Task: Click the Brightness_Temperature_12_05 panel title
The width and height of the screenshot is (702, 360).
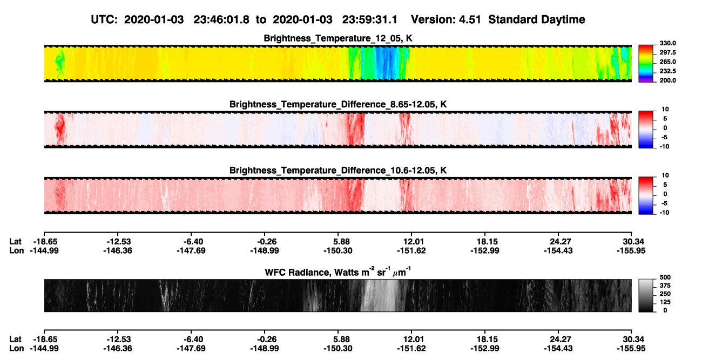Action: (337, 38)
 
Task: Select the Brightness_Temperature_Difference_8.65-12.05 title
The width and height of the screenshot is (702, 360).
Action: (337, 104)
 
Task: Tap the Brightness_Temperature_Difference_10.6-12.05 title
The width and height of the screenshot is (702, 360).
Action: (337, 171)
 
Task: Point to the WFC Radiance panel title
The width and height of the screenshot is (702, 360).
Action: (337, 271)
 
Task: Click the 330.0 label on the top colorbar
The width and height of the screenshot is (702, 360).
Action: (667, 43)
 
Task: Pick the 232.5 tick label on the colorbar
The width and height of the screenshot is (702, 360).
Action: (667, 71)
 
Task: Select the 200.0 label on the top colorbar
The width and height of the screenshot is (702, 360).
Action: (667, 80)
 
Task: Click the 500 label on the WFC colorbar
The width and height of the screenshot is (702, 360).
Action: (665, 277)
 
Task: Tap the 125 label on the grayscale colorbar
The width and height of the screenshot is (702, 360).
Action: (665, 302)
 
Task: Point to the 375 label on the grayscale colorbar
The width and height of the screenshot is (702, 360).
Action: (665, 286)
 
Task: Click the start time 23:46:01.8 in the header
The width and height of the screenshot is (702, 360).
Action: (221, 20)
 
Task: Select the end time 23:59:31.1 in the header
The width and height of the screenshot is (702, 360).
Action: (370, 20)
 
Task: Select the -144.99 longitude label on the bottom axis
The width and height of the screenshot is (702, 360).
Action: (44, 349)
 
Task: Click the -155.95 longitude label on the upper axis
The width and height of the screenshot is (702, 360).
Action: (631, 250)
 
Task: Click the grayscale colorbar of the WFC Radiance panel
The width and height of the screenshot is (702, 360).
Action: (646, 295)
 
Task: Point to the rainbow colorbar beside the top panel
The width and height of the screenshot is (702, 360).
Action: (646, 64)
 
